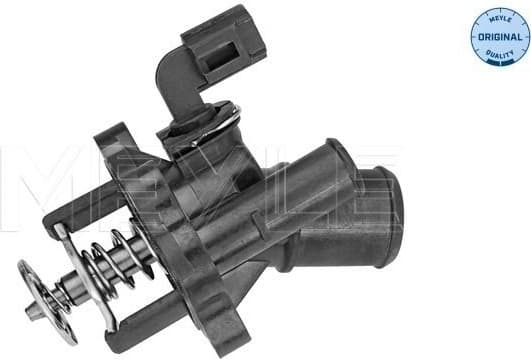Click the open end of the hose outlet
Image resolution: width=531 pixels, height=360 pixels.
(x=386, y=200)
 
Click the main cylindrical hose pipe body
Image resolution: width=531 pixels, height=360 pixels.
(x=300, y=200)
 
